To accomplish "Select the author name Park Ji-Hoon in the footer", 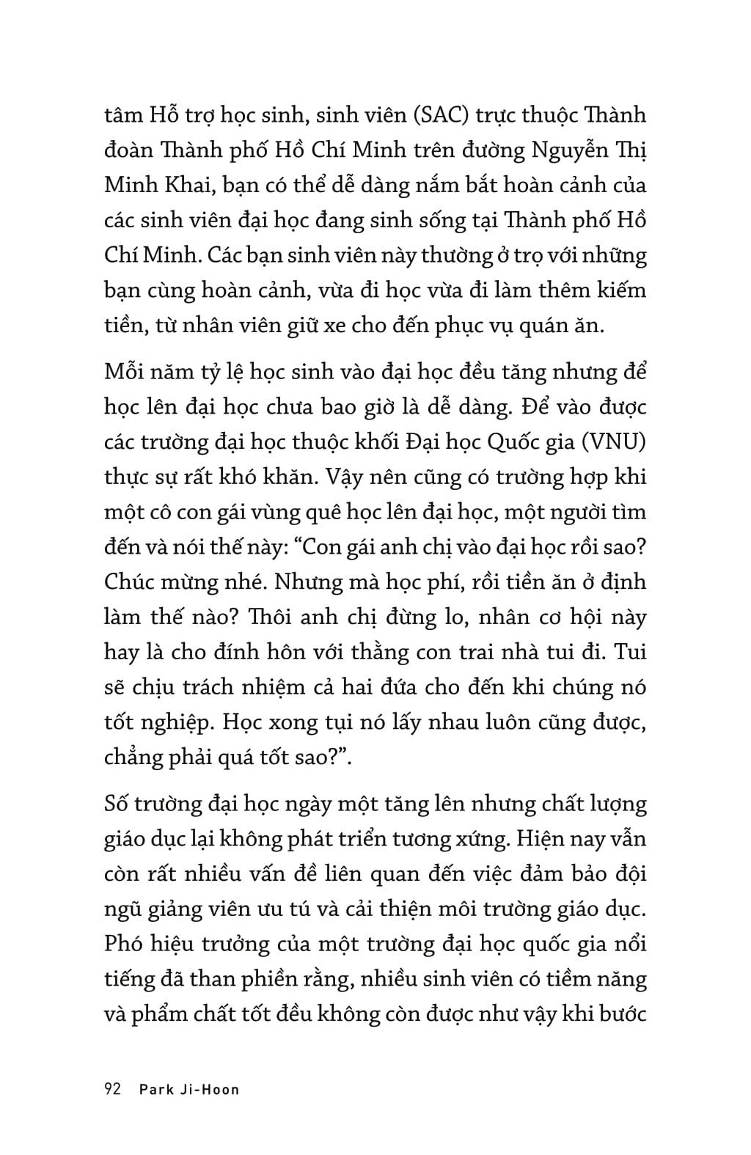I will (x=189, y=1090).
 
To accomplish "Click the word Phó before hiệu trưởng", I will (x=125, y=943).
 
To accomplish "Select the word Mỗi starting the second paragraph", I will (x=126, y=372).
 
